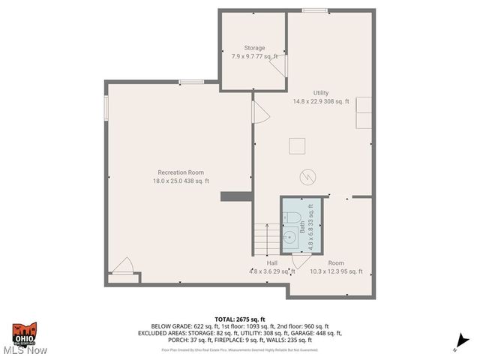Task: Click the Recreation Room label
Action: coord(181,172)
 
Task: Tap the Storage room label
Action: coord(254,48)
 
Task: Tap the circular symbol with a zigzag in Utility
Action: coord(307,176)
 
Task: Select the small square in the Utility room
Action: coord(295,145)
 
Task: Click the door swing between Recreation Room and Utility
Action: coord(259,113)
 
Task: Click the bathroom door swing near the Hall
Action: coord(301,261)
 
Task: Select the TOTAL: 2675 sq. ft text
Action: coord(240,319)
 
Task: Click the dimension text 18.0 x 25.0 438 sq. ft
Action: coord(181,181)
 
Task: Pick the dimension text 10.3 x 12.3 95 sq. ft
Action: coord(336,271)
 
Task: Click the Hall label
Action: coord(272,263)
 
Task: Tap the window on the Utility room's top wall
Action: coord(310,10)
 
